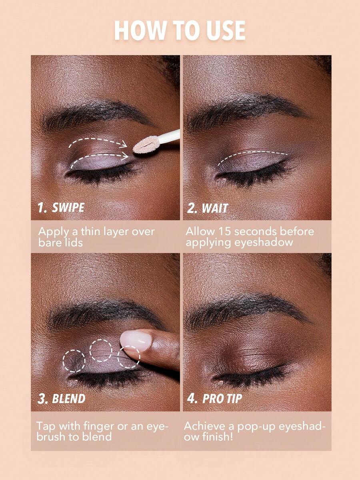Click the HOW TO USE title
[x=180, y=30]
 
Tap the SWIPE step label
[x=61, y=207]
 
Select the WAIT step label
[x=208, y=208]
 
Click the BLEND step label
[x=61, y=399]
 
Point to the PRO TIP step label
[x=214, y=399]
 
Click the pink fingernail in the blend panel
[x=136, y=340]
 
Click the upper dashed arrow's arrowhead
[x=124, y=144]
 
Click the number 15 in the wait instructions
[x=224, y=231]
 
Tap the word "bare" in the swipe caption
[x=49, y=243]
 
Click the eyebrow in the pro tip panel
[x=248, y=310]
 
